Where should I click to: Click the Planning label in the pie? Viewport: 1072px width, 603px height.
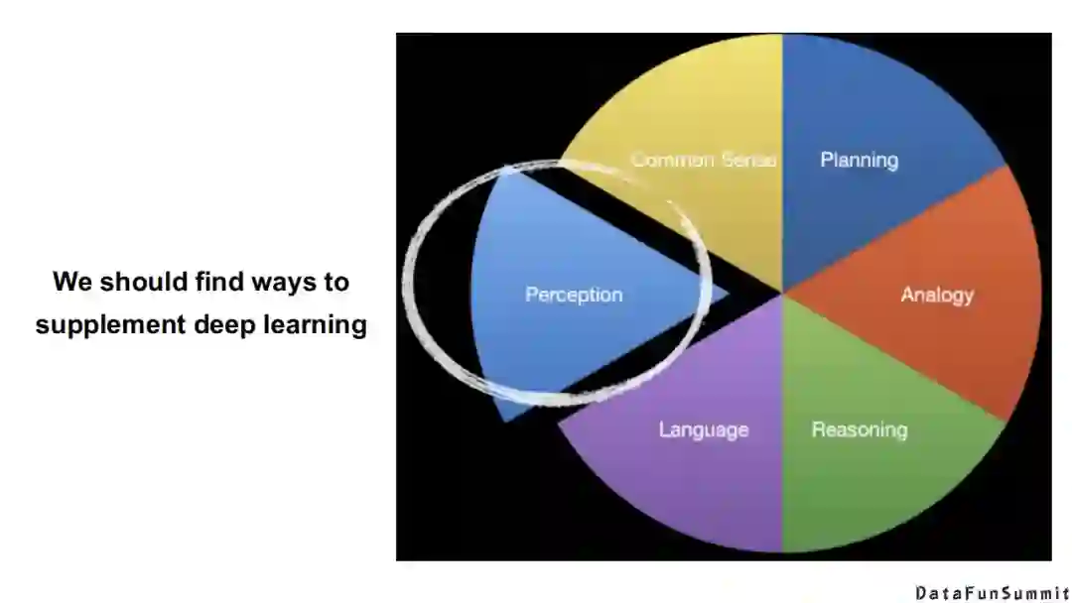click(x=859, y=160)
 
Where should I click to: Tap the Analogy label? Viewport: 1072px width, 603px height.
click(x=936, y=295)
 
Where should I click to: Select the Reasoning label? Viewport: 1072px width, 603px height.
click(x=859, y=429)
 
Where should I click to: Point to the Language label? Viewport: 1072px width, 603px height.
click(x=703, y=429)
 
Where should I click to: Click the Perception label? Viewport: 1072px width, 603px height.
click(x=574, y=295)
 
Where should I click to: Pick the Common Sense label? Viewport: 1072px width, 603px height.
click(x=703, y=160)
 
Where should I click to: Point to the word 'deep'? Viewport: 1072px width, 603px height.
click(x=216, y=325)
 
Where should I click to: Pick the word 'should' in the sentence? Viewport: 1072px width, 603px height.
click(x=135, y=282)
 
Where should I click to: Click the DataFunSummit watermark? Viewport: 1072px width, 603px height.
click(x=992, y=593)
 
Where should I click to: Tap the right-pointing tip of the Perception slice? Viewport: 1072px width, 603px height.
click(x=726, y=294)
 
